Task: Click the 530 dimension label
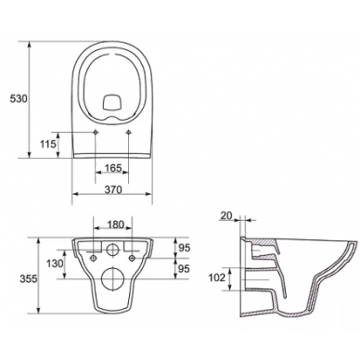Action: pos(19,99)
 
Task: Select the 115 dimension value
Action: pos(48,144)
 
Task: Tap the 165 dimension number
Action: pos(112,168)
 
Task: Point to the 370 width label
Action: pos(113,189)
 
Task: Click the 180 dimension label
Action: pos(115,225)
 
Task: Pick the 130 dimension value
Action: pos(55,264)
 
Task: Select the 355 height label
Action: pos(29,279)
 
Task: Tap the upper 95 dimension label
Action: pos(184,248)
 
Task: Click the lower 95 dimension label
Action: pos(184,269)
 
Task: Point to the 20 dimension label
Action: pos(226,215)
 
